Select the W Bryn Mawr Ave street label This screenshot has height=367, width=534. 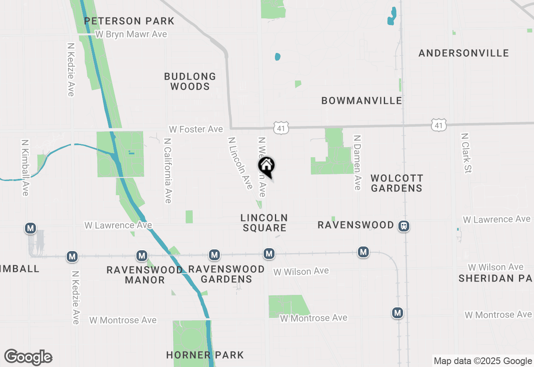pos(131,34)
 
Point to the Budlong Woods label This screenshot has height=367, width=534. pos(190,81)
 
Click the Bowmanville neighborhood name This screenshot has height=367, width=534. pos(362,101)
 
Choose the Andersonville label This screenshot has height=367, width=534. pos(463,53)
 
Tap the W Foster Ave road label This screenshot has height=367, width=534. pos(196,129)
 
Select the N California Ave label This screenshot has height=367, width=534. pos(168,171)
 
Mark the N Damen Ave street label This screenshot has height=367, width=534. pos(357,162)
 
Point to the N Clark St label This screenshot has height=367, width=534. pos(465,153)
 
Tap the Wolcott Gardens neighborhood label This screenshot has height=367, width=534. pos(396,183)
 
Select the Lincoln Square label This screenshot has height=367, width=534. pos(264,223)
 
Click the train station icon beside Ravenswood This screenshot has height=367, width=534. pos(404,226)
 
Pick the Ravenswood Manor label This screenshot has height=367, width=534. pos(145,274)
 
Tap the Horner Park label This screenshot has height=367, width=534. pos(205,355)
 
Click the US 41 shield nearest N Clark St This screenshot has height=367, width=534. pos(439,125)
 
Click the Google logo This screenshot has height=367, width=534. pos(28,357)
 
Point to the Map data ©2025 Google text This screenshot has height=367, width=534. pos(483,361)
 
